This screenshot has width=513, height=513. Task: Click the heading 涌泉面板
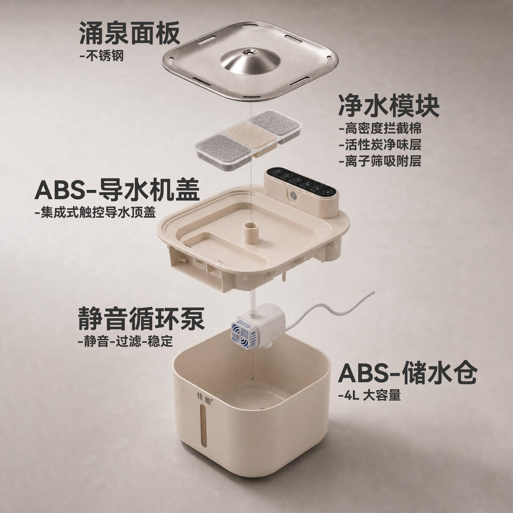click(130, 33)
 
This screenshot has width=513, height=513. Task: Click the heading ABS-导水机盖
click(117, 190)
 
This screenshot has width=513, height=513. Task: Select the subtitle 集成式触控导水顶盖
click(95, 213)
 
